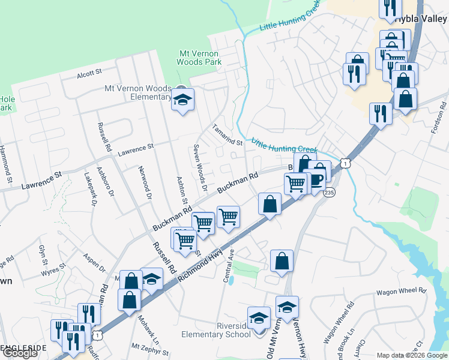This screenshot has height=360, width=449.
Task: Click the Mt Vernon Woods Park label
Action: (x=200, y=58)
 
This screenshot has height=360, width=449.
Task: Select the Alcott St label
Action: (x=89, y=74)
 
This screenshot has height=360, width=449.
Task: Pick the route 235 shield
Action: (x=329, y=193)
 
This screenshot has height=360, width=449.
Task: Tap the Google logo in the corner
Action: (x=20, y=353)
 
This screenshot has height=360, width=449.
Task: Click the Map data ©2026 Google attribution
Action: (x=411, y=355)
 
